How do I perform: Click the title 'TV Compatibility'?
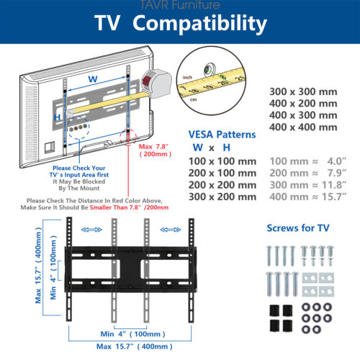[181, 24]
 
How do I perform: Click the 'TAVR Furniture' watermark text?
[179, 5]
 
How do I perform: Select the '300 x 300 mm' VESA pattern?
[303, 91]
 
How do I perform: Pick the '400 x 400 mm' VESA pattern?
[303, 127]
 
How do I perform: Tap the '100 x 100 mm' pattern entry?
[222, 161]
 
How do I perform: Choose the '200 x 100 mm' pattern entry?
[222, 173]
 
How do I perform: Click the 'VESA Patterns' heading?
[222, 135]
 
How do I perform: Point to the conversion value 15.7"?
[334, 197]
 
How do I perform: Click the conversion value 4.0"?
[337, 161]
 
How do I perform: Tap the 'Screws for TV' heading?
[298, 228]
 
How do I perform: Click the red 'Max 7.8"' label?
[153, 146]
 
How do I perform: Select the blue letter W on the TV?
[93, 79]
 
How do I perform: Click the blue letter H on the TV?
[57, 117]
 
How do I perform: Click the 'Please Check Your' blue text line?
[79, 168]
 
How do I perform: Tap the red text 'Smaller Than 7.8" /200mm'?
[129, 207]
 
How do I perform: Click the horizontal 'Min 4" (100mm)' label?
[132, 334]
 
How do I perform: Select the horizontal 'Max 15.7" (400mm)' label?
[135, 346]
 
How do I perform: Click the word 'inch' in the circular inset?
[187, 77]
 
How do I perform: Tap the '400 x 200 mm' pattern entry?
[303, 104]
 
